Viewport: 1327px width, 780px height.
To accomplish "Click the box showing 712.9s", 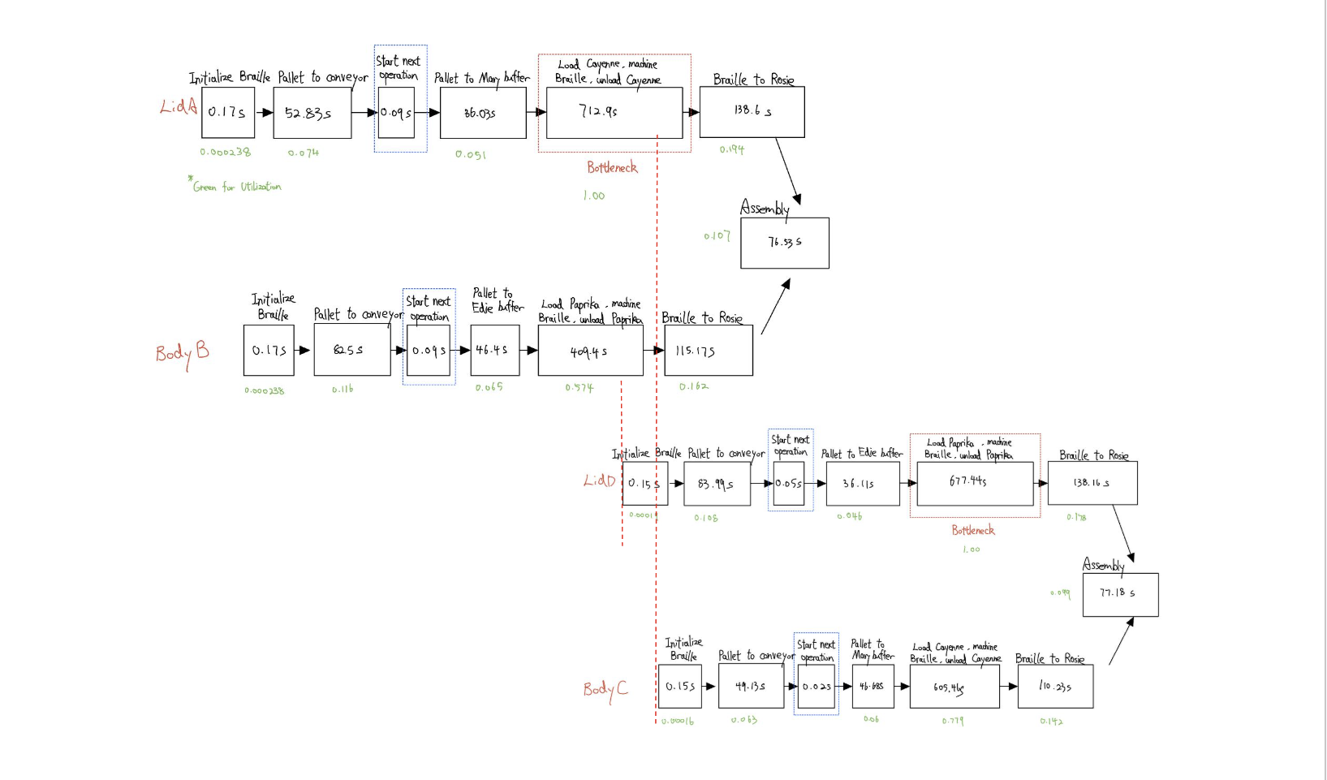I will click(x=614, y=113).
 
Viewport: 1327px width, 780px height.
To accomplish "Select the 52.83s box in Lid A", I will click(x=312, y=113).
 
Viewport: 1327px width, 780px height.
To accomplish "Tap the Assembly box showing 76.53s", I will click(x=785, y=243).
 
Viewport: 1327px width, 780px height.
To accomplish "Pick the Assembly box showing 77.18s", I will click(x=1120, y=594).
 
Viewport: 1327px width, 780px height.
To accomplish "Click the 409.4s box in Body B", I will click(x=590, y=351).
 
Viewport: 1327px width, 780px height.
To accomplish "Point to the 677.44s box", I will click(x=975, y=483).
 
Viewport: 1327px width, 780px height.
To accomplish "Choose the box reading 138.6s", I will click(x=752, y=112).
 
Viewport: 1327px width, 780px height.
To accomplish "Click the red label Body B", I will click(x=183, y=352).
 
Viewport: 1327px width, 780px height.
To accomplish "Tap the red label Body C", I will click(x=605, y=689).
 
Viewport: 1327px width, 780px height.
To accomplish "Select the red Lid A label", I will click(x=179, y=106).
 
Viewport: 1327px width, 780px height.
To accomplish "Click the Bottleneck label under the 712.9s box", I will click(x=612, y=168).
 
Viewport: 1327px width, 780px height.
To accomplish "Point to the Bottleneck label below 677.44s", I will click(x=972, y=530).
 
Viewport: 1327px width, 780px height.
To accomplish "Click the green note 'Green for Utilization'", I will click(x=236, y=187).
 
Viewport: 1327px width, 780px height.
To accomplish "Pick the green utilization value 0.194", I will click(x=731, y=149).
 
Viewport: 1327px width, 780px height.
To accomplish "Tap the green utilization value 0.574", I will click(x=579, y=388).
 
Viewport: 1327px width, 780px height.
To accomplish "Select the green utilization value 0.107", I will click(x=717, y=236).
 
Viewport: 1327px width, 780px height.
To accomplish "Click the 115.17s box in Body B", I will click(x=708, y=351).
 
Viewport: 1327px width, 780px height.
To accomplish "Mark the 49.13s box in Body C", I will click(x=751, y=686).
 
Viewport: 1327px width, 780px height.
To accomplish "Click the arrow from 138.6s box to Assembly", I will click(x=788, y=171).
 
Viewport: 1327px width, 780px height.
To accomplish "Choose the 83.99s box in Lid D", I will click(x=717, y=484).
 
